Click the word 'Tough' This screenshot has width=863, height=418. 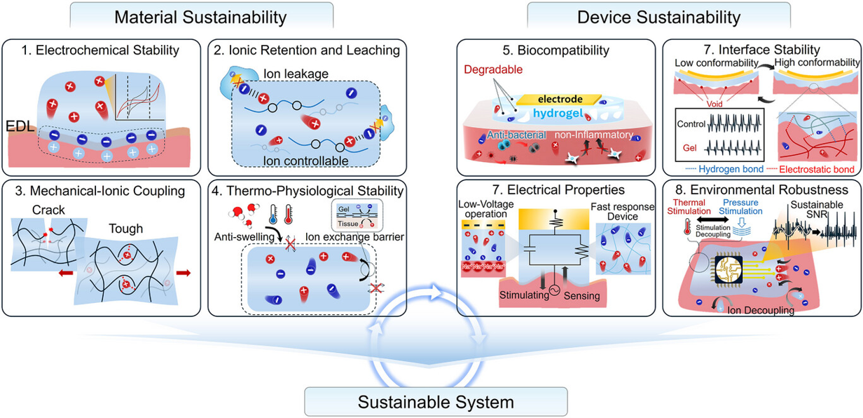pos(127,229)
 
